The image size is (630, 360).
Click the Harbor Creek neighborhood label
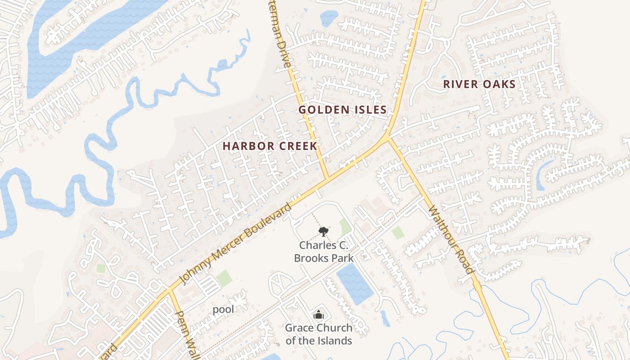click(270, 146)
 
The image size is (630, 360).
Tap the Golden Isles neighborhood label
click(342, 110)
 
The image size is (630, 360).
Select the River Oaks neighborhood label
click(479, 84)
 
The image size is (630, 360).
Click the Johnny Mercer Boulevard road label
click(235, 244)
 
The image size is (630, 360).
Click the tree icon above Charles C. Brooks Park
click(323, 232)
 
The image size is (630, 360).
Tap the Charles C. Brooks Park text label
click(324, 252)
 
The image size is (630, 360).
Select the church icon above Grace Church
click(319, 315)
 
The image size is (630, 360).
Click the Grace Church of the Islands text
click(319, 334)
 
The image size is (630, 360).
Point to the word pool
click(223, 310)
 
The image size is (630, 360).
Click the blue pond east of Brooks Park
click(355, 283)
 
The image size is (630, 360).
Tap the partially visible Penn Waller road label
click(185, 333)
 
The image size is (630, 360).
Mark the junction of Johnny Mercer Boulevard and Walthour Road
click(388, 136)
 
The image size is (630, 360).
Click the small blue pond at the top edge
click(328, 18)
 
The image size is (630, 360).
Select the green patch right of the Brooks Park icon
click(345, 226)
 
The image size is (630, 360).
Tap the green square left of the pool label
click(224, 279)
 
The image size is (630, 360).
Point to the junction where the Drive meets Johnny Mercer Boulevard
click(327, 178)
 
